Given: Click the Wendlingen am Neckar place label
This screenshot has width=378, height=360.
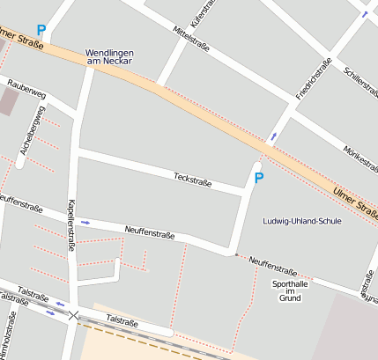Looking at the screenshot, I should coord(109,58).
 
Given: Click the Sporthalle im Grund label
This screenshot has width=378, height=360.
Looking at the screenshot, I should coord(290,290).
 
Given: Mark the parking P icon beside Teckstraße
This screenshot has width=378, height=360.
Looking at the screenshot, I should coord(259,178).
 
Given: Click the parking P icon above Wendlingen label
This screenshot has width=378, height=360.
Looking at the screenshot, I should coord(41,30).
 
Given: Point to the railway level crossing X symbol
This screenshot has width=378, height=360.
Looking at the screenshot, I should coord(74,314).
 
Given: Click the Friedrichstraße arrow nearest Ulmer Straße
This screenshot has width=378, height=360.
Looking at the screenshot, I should coord(274,136).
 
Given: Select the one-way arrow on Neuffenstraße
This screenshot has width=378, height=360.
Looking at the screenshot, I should coord(85,222).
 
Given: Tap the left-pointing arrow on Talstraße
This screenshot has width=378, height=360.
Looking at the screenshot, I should coord(61,305).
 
